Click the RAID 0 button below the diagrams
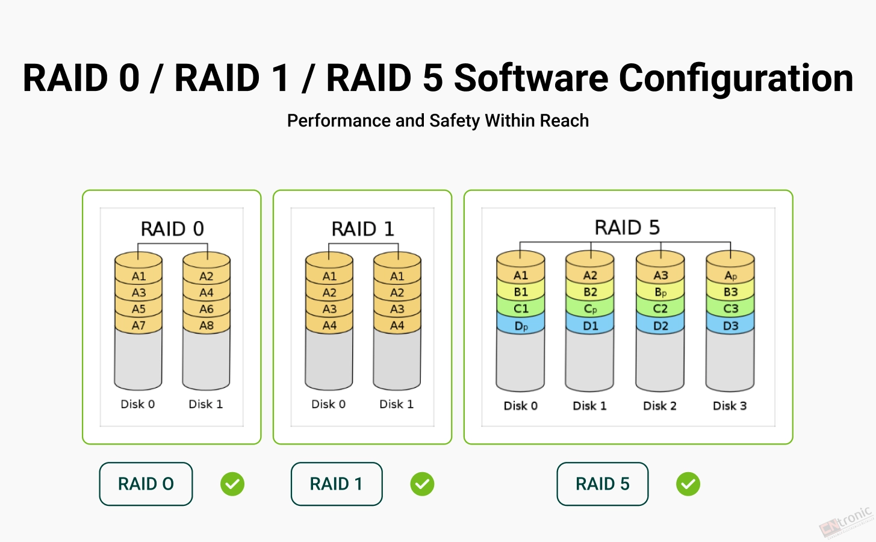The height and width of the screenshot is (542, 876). click(x=146, y=484)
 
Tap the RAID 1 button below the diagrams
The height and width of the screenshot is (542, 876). click(x=337, y=484)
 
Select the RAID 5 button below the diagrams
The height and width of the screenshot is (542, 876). click(x=603, y=484)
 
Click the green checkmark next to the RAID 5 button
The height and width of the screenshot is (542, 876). click(x=688, y=484)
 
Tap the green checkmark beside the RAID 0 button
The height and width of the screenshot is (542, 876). click(x=232, y=484)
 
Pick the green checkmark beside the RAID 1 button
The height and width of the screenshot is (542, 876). click(x=423, y=484)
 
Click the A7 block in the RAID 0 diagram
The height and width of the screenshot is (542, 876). click(x=138, y=325)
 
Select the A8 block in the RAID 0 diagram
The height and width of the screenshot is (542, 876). click(x=207, y=325)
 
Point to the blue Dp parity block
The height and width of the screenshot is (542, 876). click(x=521, y=326)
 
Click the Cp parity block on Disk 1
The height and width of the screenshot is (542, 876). click(x=590, y=309)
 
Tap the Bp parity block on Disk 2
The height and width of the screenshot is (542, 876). click(x=660, y=292)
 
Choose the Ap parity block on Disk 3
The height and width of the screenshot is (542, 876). click(x=730, y=275)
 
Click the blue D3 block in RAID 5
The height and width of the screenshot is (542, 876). click(x=730, y=326)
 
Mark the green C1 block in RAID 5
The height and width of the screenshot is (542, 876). click(x=521, y=309)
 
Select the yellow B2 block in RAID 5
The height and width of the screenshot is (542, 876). click(x=590, y=292)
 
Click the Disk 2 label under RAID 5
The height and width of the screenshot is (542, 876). click(x=660, y=406)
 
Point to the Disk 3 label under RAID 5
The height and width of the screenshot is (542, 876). click(x=730, y=406)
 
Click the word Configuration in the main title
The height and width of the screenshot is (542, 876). click(x=736, y=78)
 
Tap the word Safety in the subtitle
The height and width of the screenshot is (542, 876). click(x=455, y=121)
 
